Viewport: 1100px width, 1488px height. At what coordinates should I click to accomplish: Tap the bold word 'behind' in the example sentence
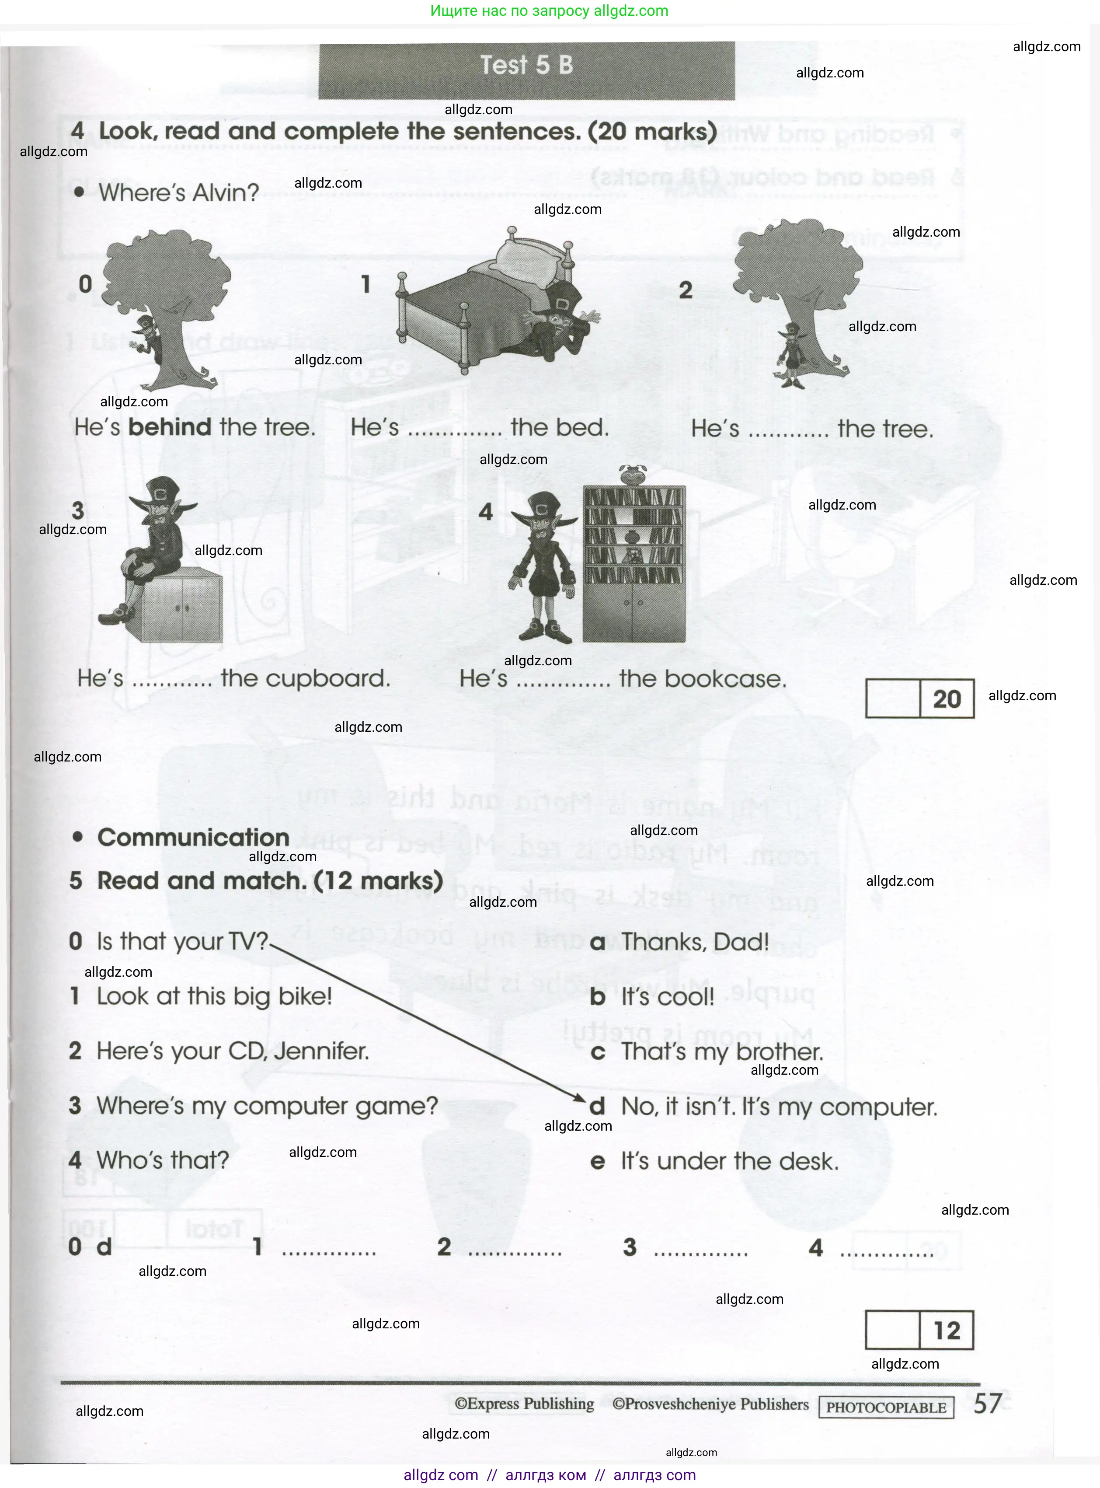coord(169,427)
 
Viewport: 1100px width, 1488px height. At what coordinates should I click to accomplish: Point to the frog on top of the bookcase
coord(633,474)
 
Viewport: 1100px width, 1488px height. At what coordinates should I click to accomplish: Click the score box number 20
coord(946,699)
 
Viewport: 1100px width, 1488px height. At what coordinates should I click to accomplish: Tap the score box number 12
coord(946,1330)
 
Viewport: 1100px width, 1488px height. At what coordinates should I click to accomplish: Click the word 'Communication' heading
coord(193,837)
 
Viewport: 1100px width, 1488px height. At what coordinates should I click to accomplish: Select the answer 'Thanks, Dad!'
coord(694,942)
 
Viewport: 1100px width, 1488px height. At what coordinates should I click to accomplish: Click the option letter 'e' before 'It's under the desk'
coord(597,1162)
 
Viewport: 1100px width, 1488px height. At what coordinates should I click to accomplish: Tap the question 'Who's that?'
coord(163,1160)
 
